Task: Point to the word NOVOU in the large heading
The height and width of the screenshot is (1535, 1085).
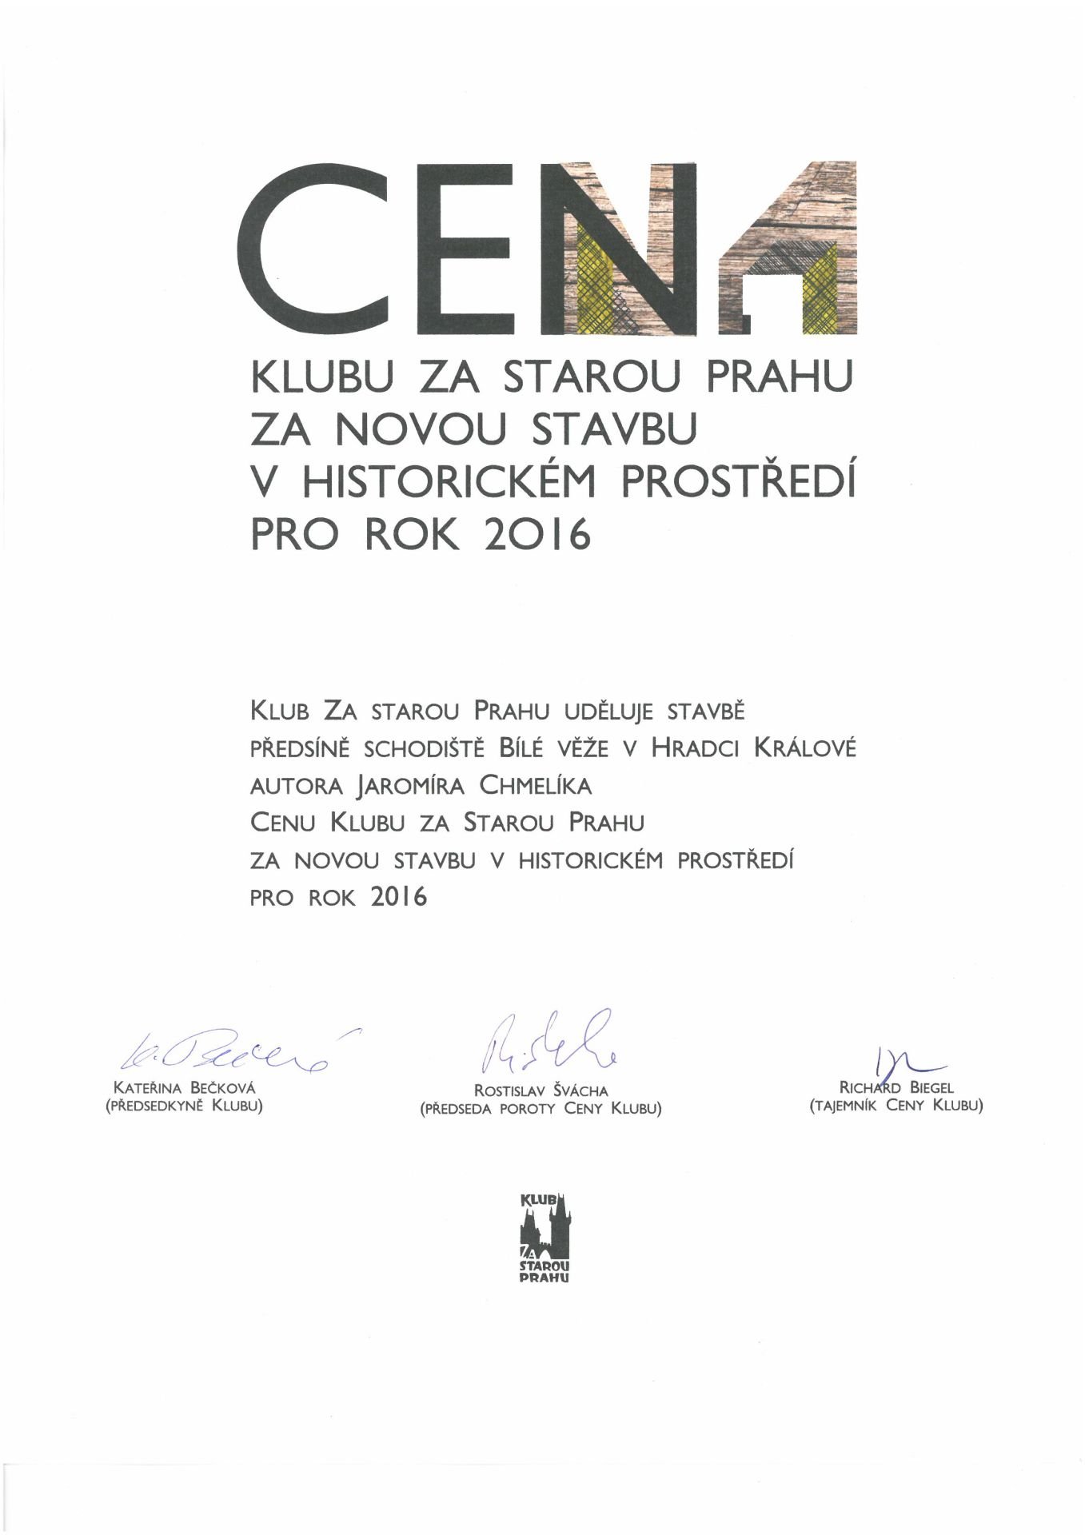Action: pyautogui.click(x=421, y=429)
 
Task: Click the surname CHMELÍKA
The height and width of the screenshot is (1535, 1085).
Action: pyautogui.click(x=535, y=785)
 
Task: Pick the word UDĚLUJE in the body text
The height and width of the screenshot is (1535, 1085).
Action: pyautogui.click(x=610, y=710)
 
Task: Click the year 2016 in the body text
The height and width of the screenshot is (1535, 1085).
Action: pyautogui.click(x=399, y=897)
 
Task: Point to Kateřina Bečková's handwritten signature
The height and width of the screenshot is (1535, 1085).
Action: pyautogui.click(x=232, y=1050)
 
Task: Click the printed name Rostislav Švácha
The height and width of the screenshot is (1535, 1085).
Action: pyautogui.click(x=541, y=1090)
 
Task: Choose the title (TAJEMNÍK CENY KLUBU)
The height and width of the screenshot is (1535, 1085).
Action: pyautogui.click(x=896, y=1106)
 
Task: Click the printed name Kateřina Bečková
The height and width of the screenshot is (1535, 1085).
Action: pyautogui.click(x=185, y=1088)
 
